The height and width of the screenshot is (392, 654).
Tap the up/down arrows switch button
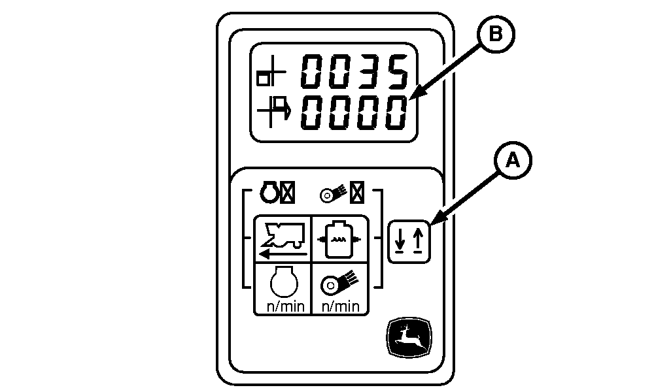pos(409,242)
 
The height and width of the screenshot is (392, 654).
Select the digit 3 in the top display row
pos(367,73)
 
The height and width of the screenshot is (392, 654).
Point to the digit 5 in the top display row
pos(396,73)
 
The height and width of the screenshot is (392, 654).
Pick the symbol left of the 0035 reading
pos(270,74)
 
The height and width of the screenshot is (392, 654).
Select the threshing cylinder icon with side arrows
pos(338,239)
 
